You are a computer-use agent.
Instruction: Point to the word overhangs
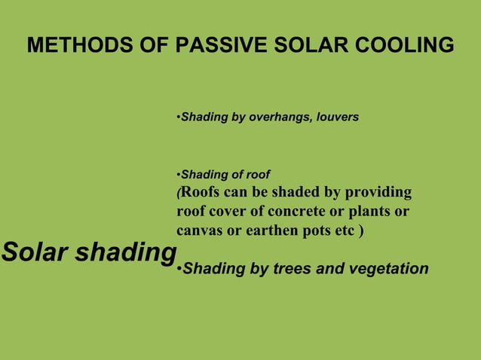(x=276, y=118)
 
